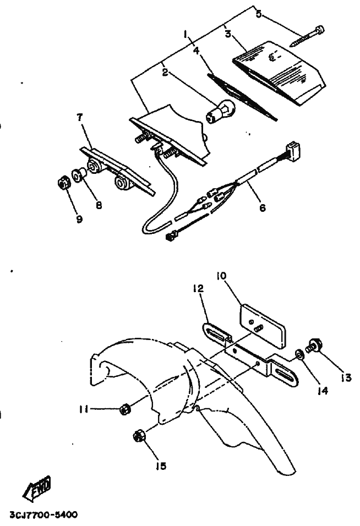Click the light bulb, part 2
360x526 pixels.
click(x=220, y=111)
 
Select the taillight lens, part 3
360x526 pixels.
click(x=279, y=73)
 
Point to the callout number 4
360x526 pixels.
click(x=197, y=51)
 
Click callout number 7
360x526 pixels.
click(x=79, y=117)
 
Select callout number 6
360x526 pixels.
click(x=263, y=208)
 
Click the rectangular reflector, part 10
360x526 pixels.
click(x=263, y=326)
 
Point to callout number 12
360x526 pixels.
click(x=198, y=288)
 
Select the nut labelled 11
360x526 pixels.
click(x=125, y=409)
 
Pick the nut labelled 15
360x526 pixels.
click(x=139, y=436)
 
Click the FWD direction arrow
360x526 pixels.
click(x=37, y=487)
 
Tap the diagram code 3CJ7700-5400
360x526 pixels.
click(x=43, y=514)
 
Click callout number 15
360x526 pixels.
click(x=161, y=466)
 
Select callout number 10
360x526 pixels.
click(x=221, y=276)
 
